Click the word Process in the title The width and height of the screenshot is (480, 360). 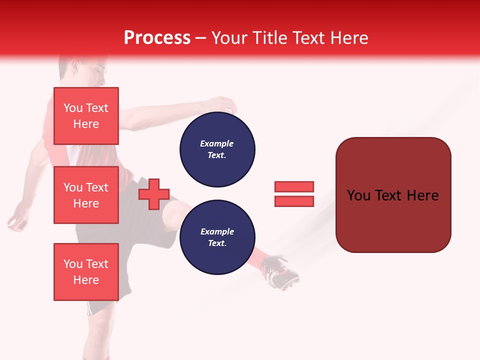[157, 37]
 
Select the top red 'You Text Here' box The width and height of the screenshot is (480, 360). [86, 116]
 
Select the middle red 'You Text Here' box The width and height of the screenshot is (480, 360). [86, 195]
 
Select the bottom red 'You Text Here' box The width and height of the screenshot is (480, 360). [86, 272]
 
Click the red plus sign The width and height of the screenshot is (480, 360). [154, 193]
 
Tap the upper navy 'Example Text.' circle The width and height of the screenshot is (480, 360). [217, 149]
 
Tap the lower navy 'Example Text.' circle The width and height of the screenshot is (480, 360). [217, 237]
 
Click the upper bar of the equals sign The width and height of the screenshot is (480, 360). [294, 186]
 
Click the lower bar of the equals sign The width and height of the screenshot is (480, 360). [294, 201]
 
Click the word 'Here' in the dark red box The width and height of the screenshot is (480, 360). [422, 195]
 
